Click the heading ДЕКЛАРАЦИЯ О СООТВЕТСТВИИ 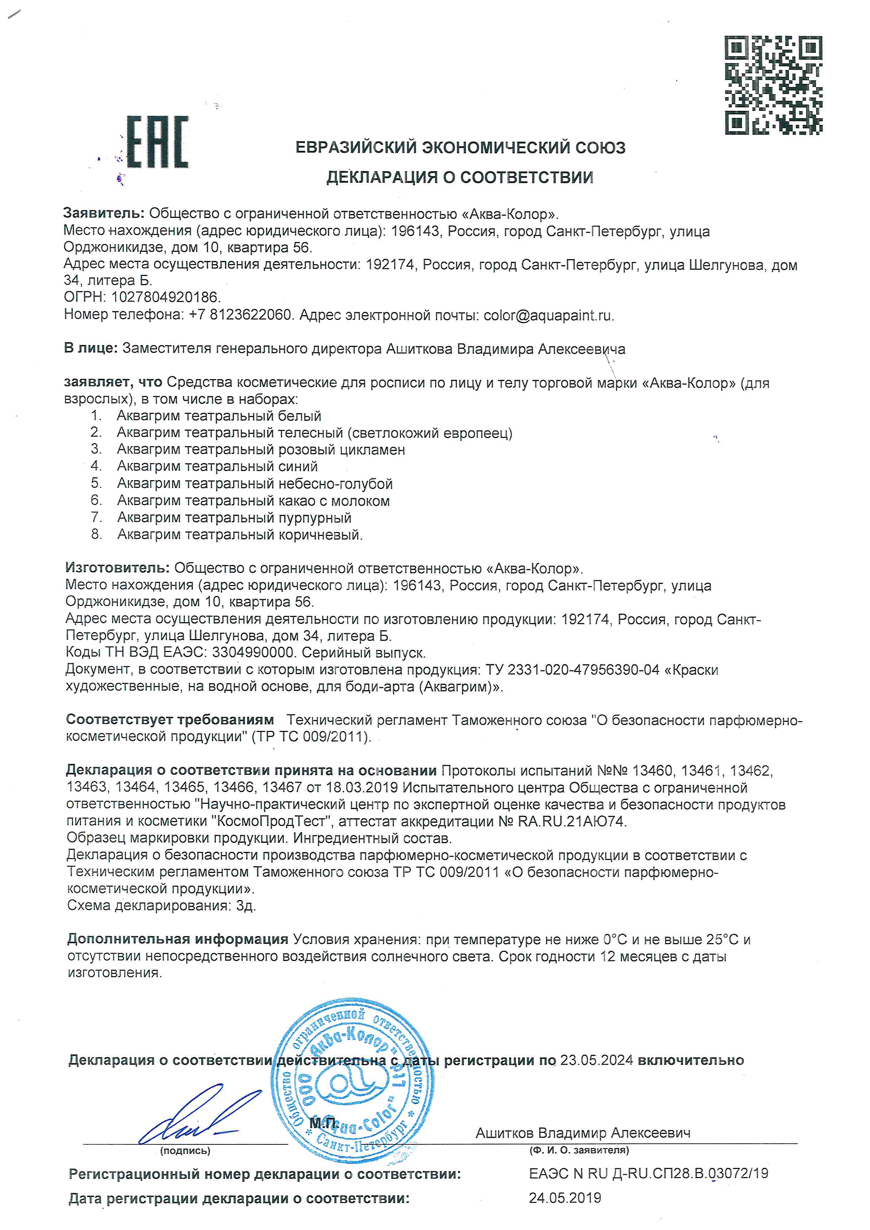(460, 177)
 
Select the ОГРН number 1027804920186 (166, 297)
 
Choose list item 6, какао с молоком (253, 501)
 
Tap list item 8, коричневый (240, 535)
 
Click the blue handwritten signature (187, 1114)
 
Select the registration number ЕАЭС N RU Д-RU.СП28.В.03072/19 (648, 1173)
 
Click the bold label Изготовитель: (117, 568)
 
